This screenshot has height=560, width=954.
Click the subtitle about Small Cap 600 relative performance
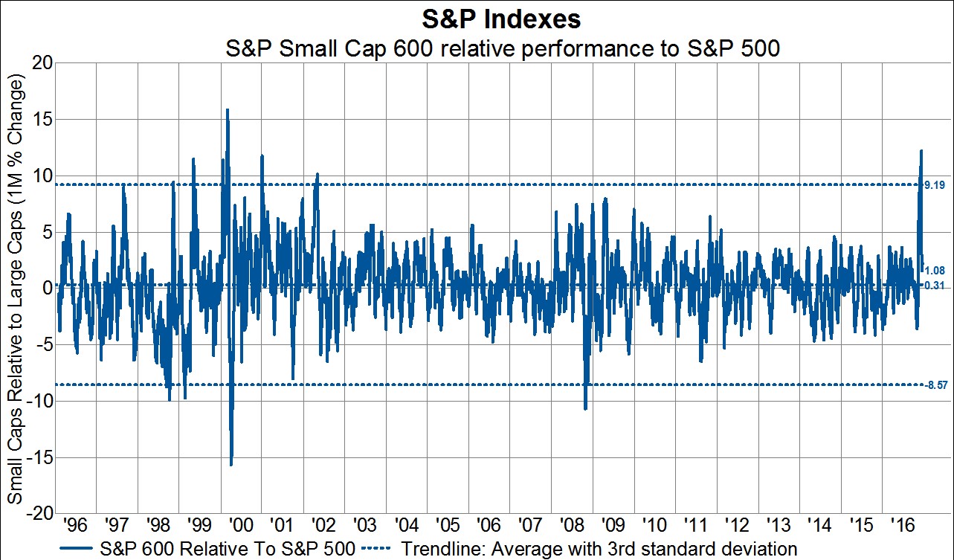(502, 50)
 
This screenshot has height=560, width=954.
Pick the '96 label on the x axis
(77, 526)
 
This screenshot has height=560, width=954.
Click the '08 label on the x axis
(572, 526)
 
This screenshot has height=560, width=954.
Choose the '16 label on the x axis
(902, 526)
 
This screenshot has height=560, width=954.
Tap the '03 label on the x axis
(366, 526)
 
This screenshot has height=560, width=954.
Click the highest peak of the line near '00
(227, 110)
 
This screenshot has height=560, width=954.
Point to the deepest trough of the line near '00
(231, 465)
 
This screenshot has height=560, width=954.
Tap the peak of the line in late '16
(921, 150)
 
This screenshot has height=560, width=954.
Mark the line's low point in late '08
(586, 408)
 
